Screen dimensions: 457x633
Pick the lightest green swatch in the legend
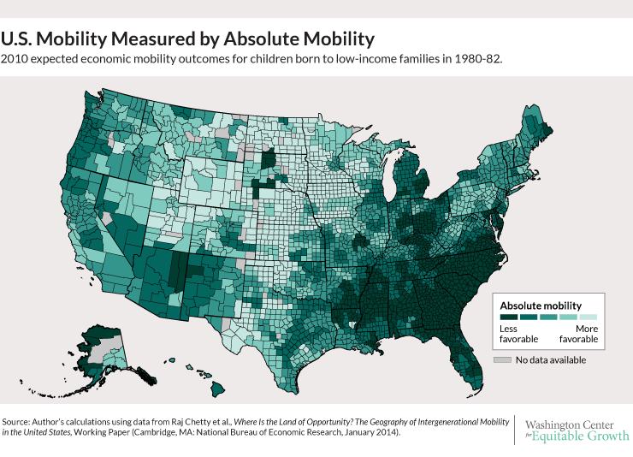click(x=589, y=317)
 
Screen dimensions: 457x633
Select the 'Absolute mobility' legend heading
click(x=540, y=305)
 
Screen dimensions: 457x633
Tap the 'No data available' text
click(x=550, y=359)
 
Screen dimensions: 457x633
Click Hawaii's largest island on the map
click(x=218, y=389)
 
